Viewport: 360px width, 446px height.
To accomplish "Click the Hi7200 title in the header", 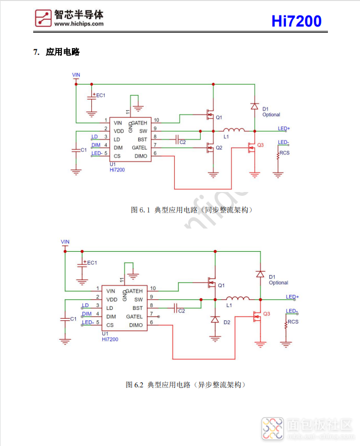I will [296, 21].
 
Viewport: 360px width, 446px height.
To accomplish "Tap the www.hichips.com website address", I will [79, 24].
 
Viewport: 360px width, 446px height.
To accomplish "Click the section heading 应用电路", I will [63, 53].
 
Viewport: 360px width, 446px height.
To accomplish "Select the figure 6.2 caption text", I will [186, 384].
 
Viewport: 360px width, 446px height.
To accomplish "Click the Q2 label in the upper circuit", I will [219, 148].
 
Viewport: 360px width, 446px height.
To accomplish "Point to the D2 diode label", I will [227, 322].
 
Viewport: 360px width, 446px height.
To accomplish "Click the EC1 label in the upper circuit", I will [101, 95].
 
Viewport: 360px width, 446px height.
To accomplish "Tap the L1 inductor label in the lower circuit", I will [229, 305].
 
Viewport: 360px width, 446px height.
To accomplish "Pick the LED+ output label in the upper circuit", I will [284, 128].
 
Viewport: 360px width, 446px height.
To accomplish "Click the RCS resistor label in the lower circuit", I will [293, 321].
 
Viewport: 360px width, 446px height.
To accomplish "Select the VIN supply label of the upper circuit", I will [76, 74].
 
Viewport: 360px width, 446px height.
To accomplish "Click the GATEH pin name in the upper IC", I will [139, 122].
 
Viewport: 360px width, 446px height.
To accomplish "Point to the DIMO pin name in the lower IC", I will [136, 325].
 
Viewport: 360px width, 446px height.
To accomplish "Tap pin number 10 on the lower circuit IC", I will [153, 288].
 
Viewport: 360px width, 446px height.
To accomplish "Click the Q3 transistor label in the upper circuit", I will [261, 144].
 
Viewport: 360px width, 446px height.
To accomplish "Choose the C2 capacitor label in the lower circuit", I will [181, 311].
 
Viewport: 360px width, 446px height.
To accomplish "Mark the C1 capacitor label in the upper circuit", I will [84, 150].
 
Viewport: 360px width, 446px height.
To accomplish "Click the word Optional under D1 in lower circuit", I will [279, 283].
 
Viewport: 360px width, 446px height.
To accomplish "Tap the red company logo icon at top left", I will [42, 19].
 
